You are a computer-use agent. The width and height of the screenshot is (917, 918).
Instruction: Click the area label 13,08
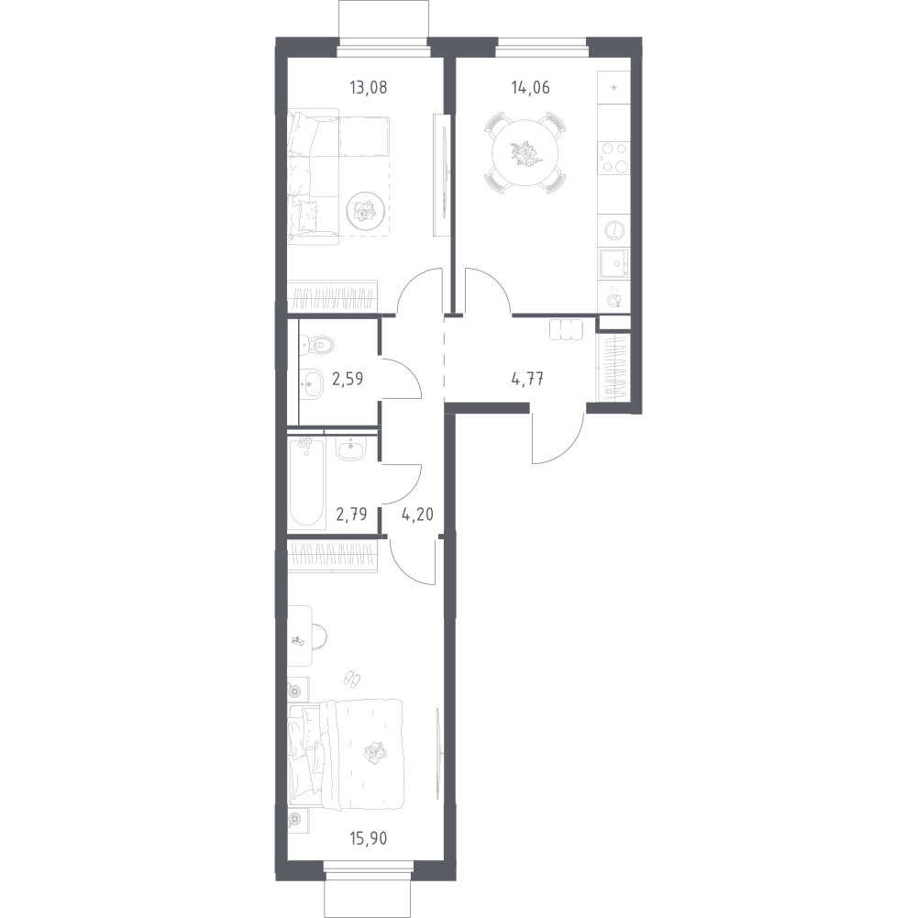[x=369, y=88]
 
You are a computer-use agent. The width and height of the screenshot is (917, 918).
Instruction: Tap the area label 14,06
[x=531, y=88]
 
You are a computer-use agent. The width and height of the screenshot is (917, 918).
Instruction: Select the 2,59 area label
[x=348, y=380]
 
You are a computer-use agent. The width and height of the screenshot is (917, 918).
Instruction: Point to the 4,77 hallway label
[x=527, y=380]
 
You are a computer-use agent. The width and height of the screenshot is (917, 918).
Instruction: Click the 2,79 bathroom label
[x=351, y=514]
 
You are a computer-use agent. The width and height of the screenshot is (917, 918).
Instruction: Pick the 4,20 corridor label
[x=417, y=514]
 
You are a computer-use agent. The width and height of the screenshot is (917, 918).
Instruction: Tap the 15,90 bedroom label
[x=368, y=839]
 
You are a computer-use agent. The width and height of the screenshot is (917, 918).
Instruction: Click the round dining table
[x=525, y=152]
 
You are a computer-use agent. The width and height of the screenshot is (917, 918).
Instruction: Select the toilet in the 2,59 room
[x=316, y=345]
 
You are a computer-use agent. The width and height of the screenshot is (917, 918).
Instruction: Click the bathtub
[x=306, y=484]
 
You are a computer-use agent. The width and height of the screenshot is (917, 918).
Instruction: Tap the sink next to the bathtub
[x=351, y=449]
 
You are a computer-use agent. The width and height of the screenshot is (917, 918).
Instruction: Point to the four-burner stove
[x=613, y=158]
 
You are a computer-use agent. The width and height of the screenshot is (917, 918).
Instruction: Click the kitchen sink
[x=613, y=265]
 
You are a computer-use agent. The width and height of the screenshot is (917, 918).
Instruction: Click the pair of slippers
[x=351, y=678]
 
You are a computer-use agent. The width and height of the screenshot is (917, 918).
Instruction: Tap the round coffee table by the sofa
[x=365, y=211]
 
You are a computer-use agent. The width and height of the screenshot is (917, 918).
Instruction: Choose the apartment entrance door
[x=558, y=437]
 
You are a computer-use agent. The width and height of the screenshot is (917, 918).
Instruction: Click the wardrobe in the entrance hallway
[x=613, y=368]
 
